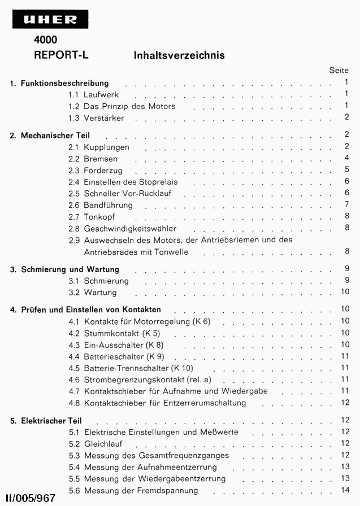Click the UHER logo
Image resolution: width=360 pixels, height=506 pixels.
click(50, 20)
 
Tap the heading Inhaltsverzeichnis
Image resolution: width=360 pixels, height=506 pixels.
click(179, 55)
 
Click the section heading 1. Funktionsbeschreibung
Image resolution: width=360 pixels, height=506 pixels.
click(59, 84)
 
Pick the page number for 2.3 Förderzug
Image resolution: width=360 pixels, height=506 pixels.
click(346, 169)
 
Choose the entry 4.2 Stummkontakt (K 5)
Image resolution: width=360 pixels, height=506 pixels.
click(114, 333)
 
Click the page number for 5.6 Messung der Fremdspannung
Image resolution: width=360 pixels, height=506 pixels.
click(345, 489)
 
